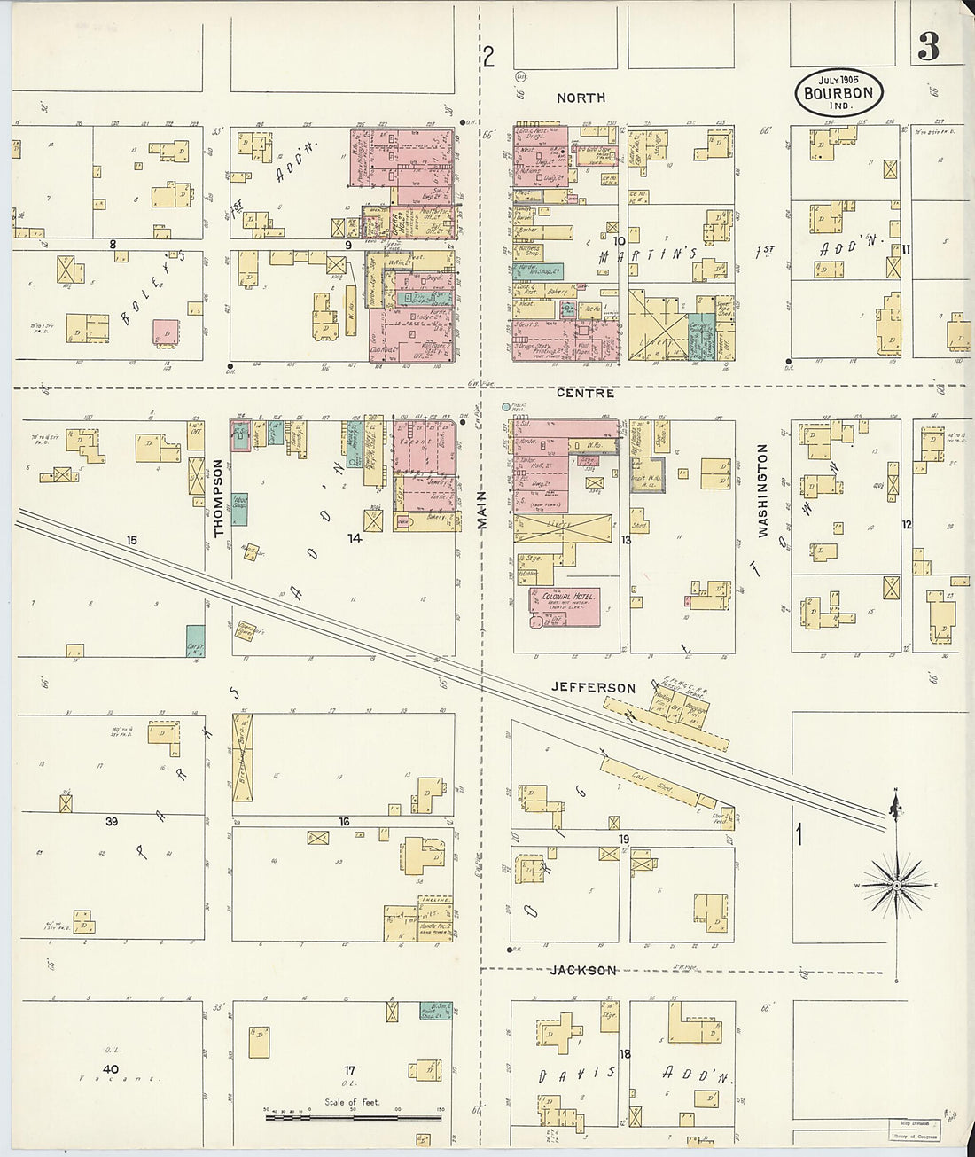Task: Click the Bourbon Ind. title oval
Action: tap(838, 92)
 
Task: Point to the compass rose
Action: tap(896, 884)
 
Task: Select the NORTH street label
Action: tap(581, 98)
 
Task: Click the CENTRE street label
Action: tap(586, 392)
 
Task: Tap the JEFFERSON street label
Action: tap(593, 687)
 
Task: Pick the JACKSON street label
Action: tap(583, 970)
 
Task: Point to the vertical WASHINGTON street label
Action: tap(762, 490)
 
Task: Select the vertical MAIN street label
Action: tap(483, 511)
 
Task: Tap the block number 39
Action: tap(112, 822)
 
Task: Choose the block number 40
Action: tap(110, 1069)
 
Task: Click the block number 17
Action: tap(350, 1071)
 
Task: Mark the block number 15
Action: tap(133, 540)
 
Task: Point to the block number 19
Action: tap(624, 840)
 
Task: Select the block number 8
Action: tap(113, 243)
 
